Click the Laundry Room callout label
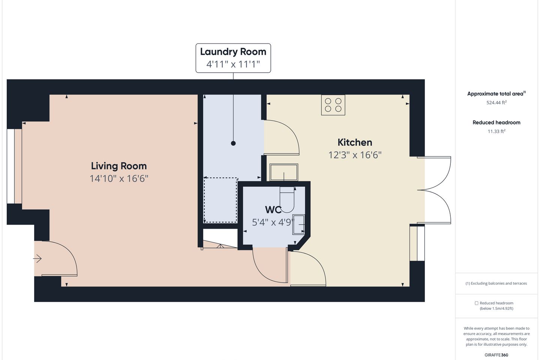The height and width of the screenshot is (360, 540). click(233, 58)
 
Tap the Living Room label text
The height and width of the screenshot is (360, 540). click(119, 166)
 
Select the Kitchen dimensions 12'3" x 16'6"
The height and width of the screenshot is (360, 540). click(355, 155)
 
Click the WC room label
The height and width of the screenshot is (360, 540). click(273, 210)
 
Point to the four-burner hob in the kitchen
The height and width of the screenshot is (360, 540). click(333, 105)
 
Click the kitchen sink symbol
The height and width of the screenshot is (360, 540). click(284, 172)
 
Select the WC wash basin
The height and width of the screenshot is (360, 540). click(299, 224)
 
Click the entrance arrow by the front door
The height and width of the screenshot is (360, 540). click(37, 259)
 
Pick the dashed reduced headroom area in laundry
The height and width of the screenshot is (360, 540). click(220, 200)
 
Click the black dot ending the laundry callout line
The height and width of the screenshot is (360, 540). click(233, 143)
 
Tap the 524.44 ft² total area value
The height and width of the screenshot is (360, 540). click(496, 103)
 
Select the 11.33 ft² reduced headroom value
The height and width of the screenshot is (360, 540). click(496, 132)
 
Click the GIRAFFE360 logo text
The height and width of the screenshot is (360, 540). click(496, 355)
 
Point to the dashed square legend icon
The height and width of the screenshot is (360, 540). click(476, 303)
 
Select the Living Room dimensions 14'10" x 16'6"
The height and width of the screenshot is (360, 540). click(119, 178)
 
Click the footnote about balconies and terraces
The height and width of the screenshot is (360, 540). click(496, 283)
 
